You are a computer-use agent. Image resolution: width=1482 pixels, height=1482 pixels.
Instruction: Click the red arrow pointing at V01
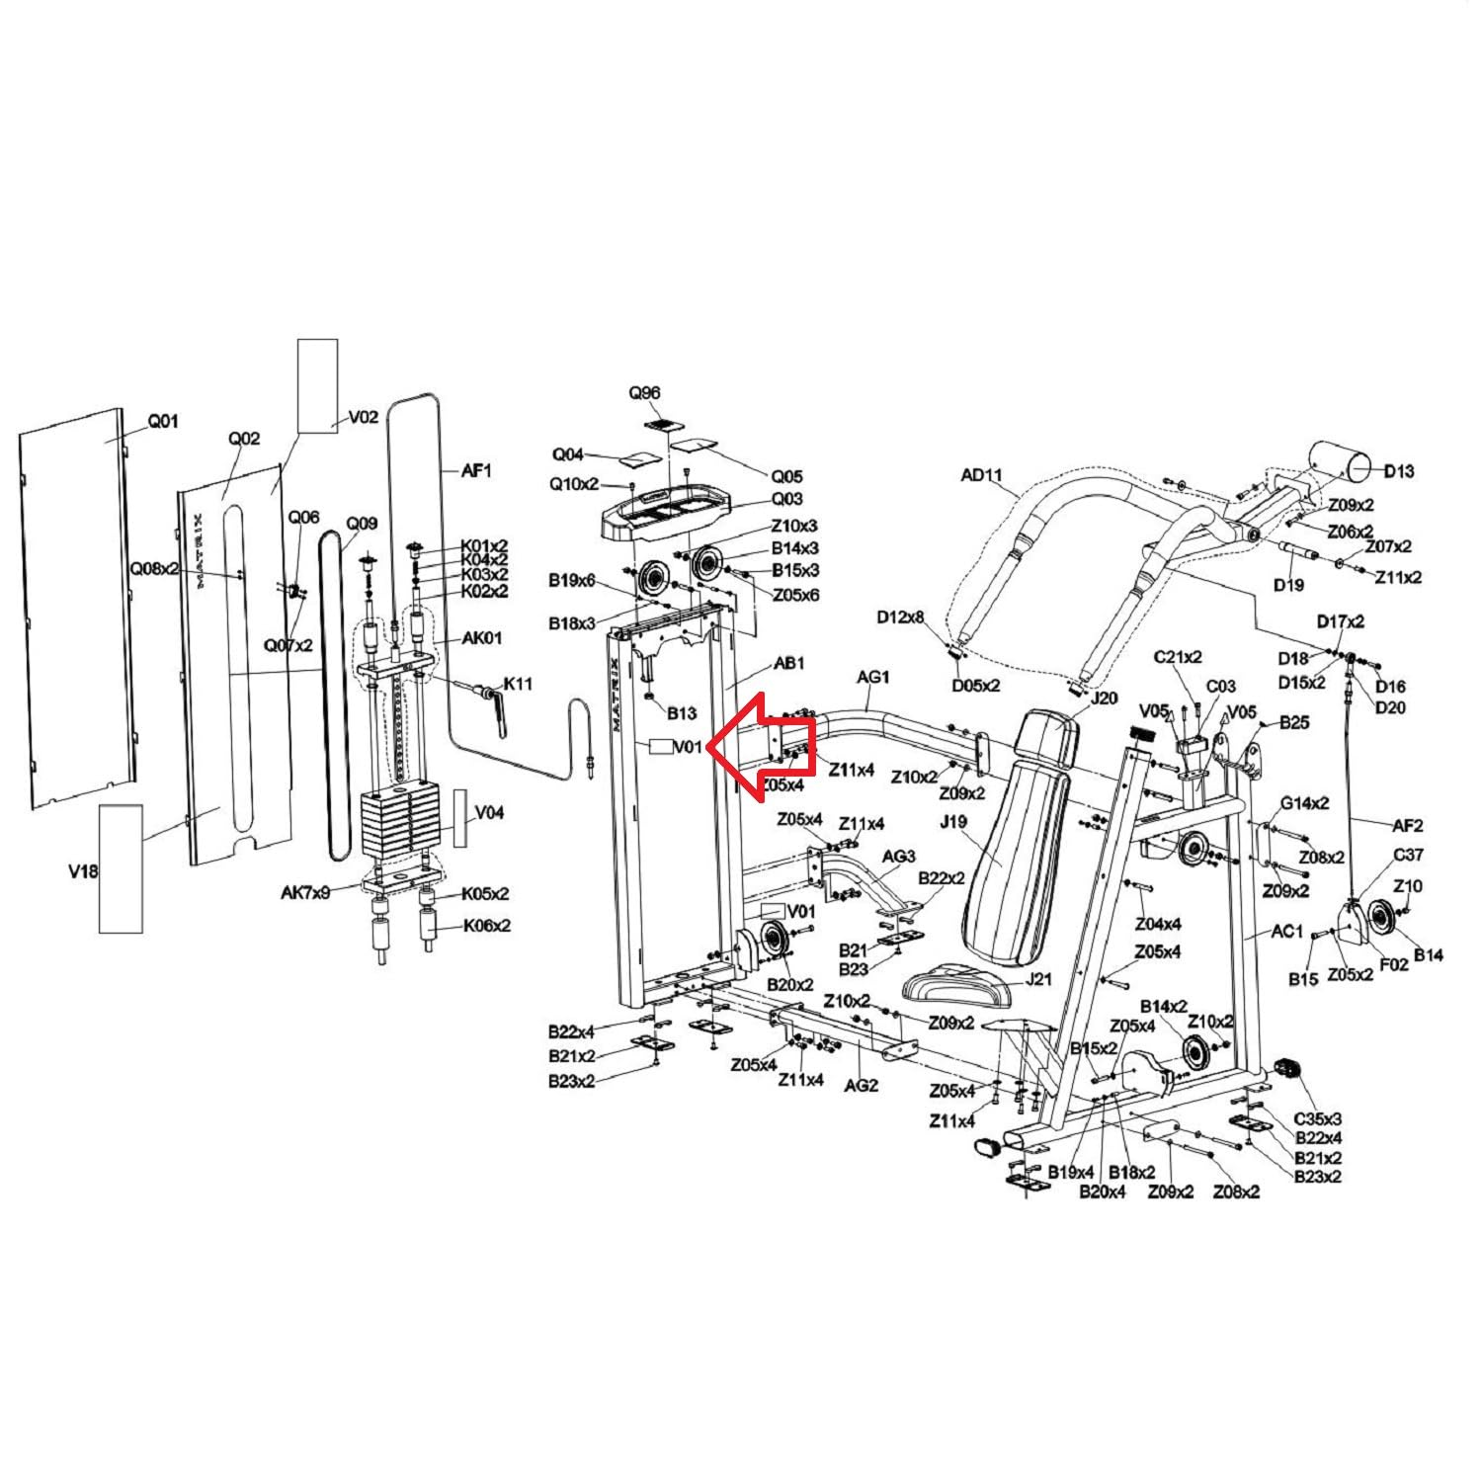pyautogui.click(x=761, y=746)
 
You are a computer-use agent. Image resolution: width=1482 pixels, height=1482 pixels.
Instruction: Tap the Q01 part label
pyautogui.click(x=163, y=422)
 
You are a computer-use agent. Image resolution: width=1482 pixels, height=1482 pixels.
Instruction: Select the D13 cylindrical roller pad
pyautogui.click(x=1340, y=465)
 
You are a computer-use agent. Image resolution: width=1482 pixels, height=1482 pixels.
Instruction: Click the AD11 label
pyautogui.click(x=982, y=476)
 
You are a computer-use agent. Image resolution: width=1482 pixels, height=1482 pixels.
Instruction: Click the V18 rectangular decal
pyautogui.click(x=121, y=868)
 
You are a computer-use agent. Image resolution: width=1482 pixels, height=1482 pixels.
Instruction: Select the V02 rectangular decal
pyautogui.click(x=318, y=386)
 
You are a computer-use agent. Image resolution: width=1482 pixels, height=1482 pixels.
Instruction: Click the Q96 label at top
pyautogui.click(x=644, y=393)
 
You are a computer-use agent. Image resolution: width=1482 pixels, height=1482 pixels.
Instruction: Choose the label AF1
pyautogui.click(x=476, y=471)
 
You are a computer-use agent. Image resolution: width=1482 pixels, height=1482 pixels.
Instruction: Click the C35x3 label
pyautogui.click(x=1318, y=1119)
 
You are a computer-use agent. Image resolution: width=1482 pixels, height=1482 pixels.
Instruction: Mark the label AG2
pyautogui.click(x=862, y=1085)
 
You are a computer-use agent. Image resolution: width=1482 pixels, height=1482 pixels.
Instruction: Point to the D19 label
pyautogui.click(x=1288, y=585)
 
